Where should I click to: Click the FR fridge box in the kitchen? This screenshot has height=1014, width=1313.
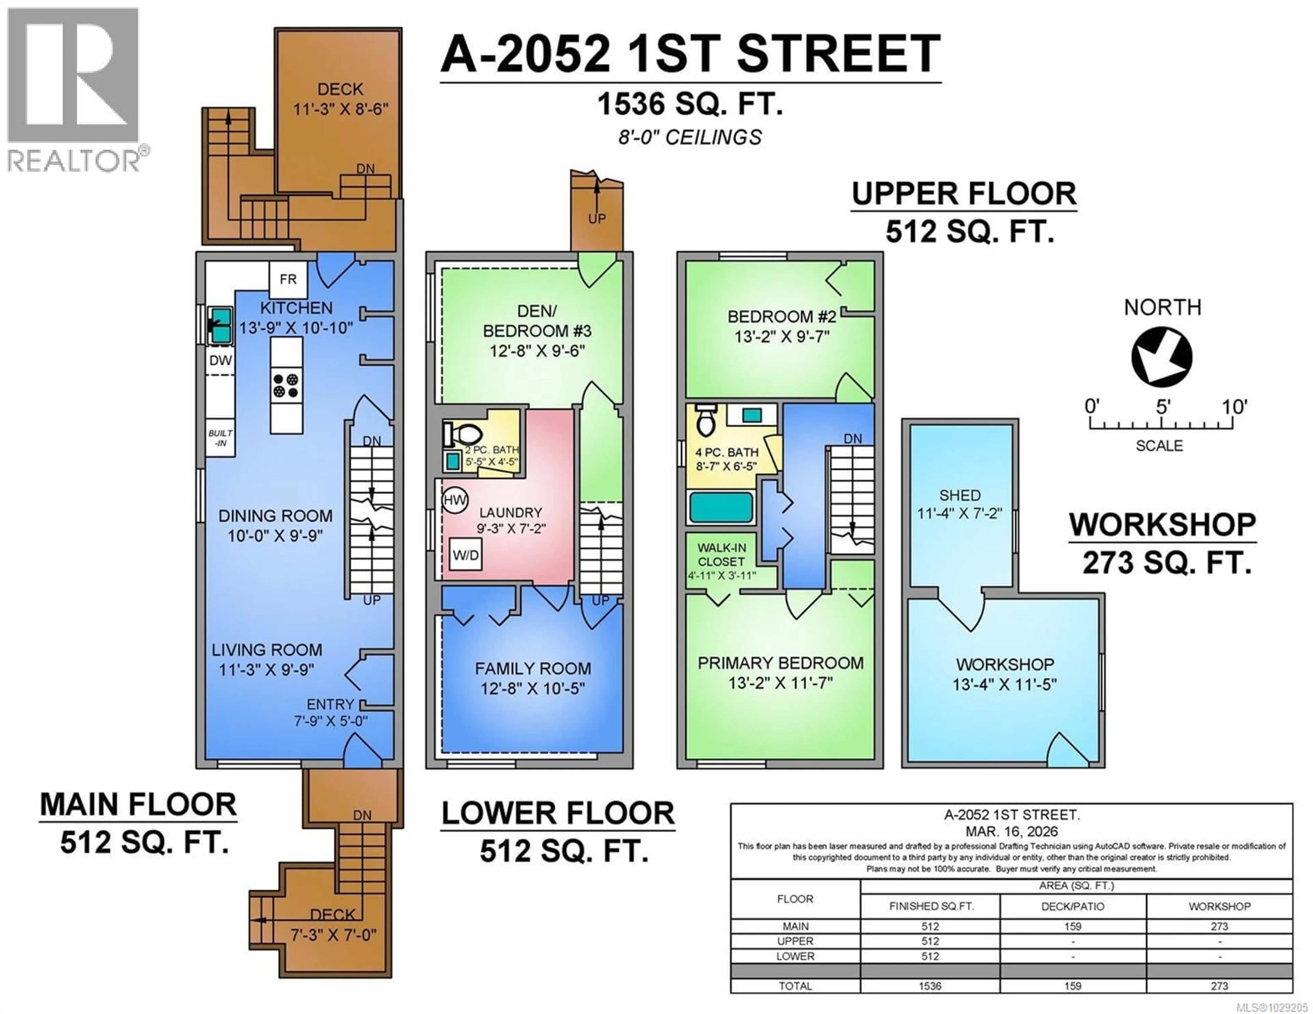click(288, 280)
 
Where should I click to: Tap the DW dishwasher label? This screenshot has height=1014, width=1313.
click(221, 361)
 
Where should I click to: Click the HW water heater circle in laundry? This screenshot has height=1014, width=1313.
click(455, 500)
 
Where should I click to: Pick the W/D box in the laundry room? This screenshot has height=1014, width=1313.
click(466, 555)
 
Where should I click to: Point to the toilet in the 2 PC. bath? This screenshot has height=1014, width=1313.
click(463, 433)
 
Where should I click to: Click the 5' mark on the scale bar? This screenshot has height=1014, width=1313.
click(1163, 407)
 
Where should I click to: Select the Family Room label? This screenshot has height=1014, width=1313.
click(533, 668)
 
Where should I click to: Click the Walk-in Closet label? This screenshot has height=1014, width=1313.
click(721, 554)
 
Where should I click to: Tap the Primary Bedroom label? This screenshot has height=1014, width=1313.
click(780, 663)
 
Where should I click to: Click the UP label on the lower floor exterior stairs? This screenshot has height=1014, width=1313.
click(597, 219)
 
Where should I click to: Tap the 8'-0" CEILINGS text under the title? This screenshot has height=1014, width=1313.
click(690, 138)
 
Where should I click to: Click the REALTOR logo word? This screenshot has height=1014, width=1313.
click(74, 161)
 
